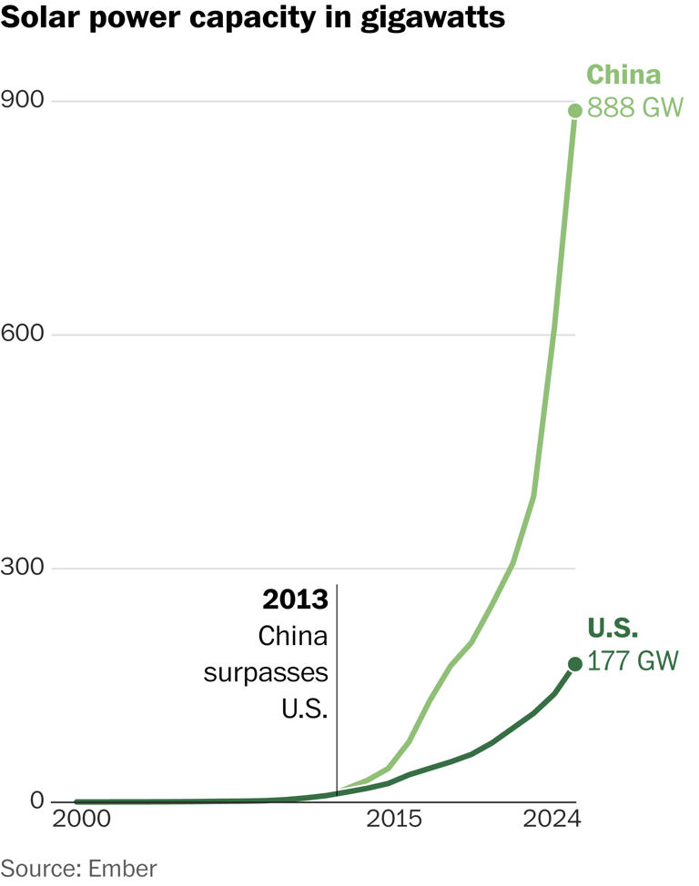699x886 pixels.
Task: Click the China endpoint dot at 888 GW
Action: tap(575, 110)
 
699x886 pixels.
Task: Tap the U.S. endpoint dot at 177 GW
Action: tap(575, 664)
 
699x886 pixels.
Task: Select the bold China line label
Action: tap(623, 75)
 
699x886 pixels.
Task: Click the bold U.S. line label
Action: tap(613, 629)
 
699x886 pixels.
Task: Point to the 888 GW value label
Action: tap(635, 108)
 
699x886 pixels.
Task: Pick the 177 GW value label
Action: tap(633, 661)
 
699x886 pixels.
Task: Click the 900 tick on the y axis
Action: tap(22, 99)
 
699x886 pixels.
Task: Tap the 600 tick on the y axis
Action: tap(22, 334)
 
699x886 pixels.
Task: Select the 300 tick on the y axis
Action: tap(22, 569)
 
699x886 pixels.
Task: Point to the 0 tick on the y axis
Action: tap(36, 800)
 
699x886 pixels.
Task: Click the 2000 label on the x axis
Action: tap(82, 819)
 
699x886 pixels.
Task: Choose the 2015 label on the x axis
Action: tap(393, 819)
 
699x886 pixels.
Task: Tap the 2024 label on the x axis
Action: tap(552, 819)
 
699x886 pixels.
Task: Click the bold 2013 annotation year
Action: tap(295, 600)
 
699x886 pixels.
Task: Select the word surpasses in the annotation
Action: tap(266, 672)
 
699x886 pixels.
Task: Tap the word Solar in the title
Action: tap(33, 16)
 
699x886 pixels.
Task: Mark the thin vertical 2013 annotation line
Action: tap(337, 691)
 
